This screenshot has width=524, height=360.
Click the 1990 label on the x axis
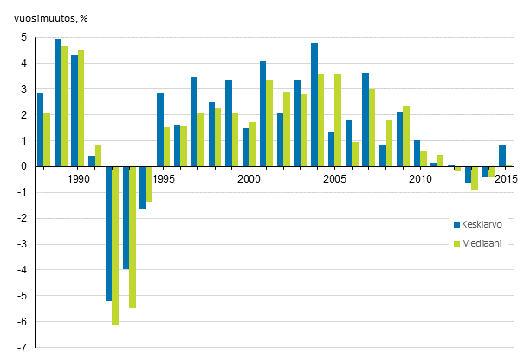[78, 179]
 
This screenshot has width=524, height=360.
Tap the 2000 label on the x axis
[249, 179]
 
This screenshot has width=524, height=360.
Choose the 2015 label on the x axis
[506, 179]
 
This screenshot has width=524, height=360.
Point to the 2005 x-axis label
[334, 179]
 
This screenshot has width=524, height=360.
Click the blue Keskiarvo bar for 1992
[109, 234]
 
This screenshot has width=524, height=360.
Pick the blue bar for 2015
[502, 156]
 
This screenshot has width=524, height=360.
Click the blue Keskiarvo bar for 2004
[314, 105]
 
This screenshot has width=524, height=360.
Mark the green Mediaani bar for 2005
[338, 120]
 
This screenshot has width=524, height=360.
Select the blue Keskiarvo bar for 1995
[160, 130]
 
